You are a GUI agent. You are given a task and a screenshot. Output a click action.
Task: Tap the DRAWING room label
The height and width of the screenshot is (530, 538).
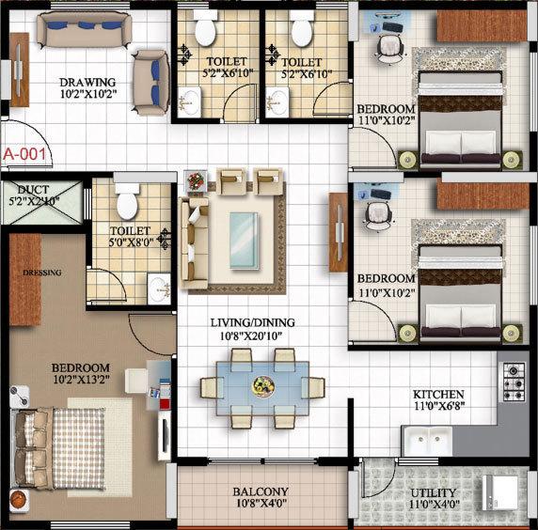[x=88, y=82]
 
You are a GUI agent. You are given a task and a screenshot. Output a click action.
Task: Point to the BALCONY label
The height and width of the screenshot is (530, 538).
[x=261, y=491]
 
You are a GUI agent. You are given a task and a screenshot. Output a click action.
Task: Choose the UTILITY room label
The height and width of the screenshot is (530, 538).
[x=434, y=492]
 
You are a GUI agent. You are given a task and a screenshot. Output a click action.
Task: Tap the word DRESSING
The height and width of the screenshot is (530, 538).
[x=42, y=273]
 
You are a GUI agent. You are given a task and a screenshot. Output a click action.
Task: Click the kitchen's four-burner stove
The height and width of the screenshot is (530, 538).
[x=514, y=381]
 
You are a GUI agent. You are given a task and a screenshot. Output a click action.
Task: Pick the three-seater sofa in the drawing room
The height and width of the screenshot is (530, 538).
[x=80, y=28]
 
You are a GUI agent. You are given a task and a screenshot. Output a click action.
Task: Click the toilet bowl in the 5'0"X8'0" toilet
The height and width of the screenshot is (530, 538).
[x=126, y=199]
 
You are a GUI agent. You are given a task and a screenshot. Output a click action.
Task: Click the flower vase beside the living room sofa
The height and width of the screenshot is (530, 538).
[x=195, y=179]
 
